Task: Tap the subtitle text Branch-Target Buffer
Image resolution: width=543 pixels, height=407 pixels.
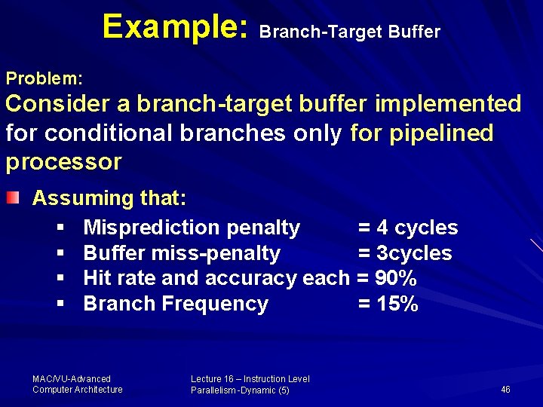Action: (x=349, y=32)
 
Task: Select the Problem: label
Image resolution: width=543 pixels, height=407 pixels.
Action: (x=44, y=78)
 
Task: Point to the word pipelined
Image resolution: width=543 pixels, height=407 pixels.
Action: (x=441, y=133)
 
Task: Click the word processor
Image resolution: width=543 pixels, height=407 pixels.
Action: (x=63, y=161)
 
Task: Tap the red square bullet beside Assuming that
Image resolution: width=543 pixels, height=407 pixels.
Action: (x=12, y=198)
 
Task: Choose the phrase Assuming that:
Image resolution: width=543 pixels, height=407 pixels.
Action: (x=109, y=198)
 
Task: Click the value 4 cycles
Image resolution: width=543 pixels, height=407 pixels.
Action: (x=418, y=228)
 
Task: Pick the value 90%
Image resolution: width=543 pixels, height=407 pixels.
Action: (x=396, y=278)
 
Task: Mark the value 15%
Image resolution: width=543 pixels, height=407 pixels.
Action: (x=397, y=304)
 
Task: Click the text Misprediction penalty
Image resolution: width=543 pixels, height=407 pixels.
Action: (x=192, y=228)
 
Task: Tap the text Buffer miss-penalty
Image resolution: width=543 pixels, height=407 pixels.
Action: (x=182, y=253)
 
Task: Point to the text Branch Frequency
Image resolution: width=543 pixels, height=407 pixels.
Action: (x=176, y=304)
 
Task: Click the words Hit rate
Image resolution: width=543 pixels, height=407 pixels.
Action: (x=120, y=278)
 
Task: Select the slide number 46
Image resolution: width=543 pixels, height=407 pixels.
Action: (x=505, y=390)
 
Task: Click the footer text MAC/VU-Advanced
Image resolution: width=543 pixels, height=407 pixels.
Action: (x=72, y=379)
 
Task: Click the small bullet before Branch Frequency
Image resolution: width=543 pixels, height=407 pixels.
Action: (x=59, y=304)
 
